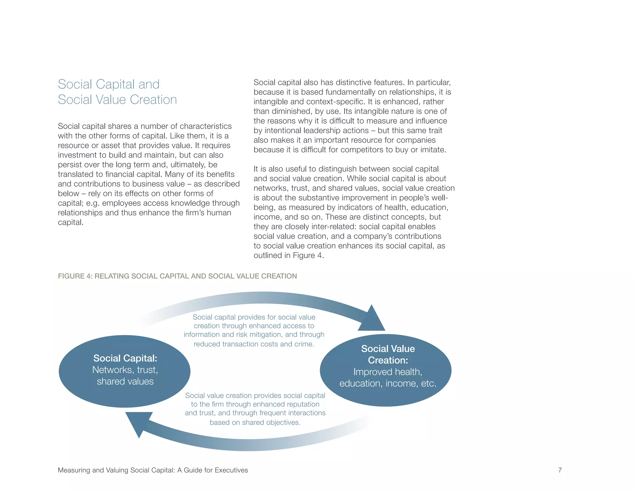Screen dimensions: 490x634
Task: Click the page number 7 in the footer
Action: pyautogui.click(x=560, y=470)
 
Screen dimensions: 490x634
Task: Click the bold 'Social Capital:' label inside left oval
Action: pyautogui.click(x=125, y=358)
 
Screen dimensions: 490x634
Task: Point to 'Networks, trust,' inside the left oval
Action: pyautogui.click(x=125, y=370)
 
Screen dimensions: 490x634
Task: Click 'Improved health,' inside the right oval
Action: pyautogui.click(x=388, y=372)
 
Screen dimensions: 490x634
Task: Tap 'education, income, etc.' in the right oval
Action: pyautogui.click(x=388, y=383)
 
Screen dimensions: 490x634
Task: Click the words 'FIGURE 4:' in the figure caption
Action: pyautogui.click(x=75, y=276)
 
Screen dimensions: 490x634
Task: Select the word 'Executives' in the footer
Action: pyautogui.click(x=231, y=470)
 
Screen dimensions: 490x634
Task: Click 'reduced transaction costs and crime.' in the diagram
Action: pyautogui.click(x=254, y=344)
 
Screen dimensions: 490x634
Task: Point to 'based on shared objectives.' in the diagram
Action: pyautogui.click(x=255, y=422)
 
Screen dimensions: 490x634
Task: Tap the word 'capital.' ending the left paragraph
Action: pyautogui.click(x=71, y=222)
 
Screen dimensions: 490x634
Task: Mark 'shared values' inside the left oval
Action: pyautogui.click(x=125, y=382)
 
